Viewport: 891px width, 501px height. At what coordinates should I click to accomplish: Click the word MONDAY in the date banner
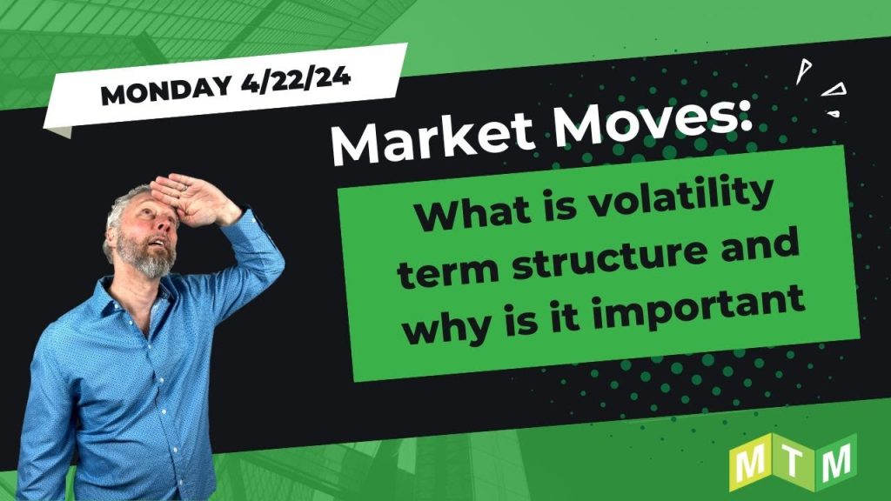coord(166,90)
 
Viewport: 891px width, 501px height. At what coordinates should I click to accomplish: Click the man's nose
coord(162,224)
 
